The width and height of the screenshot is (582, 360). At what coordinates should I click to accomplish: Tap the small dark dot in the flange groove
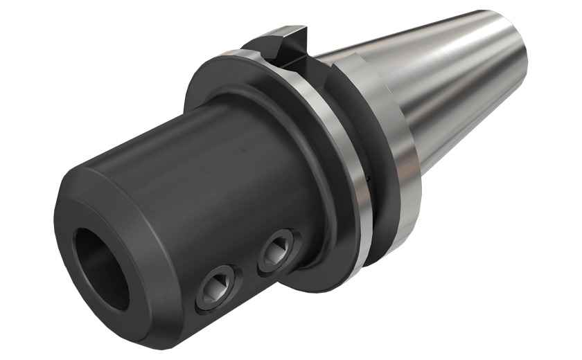click(x=366, y=181)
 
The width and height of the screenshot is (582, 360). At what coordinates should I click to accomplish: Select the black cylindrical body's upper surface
click(x=208, y=132)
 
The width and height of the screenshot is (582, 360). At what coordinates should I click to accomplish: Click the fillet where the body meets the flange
click(x=305, y=208)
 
